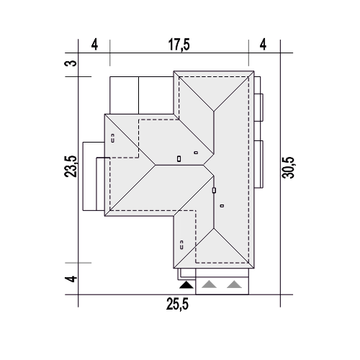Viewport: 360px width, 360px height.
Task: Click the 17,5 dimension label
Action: click(x=179, y=45)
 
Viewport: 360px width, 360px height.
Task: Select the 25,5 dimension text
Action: click(x=177, y=305)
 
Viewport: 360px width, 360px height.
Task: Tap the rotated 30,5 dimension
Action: click(x=288, y=168)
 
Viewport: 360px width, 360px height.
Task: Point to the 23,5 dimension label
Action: click(x=71, y=166)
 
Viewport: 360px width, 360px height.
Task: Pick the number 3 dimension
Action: click(x=71, y=63)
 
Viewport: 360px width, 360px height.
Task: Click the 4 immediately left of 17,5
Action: click(x=94, y=45)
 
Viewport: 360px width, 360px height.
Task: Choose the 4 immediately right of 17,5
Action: click(x=263, y=45)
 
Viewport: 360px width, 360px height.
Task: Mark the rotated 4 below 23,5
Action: click(x=71, y=279)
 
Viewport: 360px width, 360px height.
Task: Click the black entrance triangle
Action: click(x=186, y=285)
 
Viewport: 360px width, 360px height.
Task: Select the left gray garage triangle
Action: click(x=209, y=284)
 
